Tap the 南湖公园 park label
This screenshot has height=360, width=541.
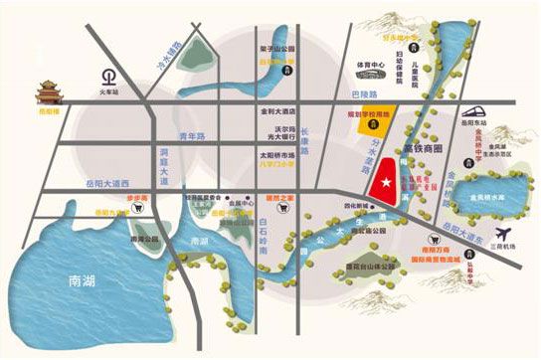(145, 240)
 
